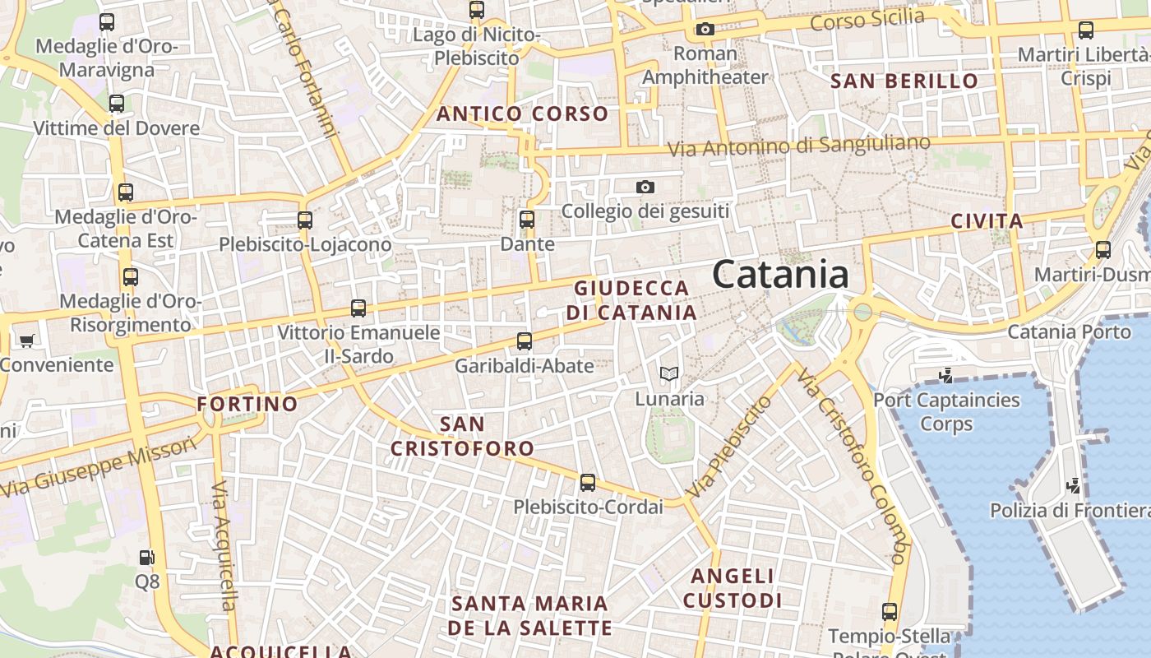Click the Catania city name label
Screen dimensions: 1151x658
coord(780,274)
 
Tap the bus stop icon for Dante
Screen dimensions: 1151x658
coord(527,220)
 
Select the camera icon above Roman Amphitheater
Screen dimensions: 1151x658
coord(705,30)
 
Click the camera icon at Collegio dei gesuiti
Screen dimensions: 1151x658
coord(645,188)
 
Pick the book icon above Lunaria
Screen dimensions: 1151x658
coord(669,375)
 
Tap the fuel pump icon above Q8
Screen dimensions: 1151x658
coord(146,558)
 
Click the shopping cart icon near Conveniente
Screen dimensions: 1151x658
coord(26,341)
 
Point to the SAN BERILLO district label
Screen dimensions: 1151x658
coord(904,81)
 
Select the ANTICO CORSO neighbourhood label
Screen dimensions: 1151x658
coord(522,114)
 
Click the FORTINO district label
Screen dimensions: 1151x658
coord(247,404)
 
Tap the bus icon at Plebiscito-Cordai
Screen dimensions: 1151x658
coord(588,483)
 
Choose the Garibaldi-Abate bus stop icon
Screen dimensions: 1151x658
coord(525,341)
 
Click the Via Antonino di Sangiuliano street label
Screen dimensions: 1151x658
coord(798,146)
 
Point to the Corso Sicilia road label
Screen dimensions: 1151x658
coord(867,20)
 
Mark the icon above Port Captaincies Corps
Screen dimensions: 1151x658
coord(945,377)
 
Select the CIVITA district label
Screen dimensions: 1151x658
coord(987,220)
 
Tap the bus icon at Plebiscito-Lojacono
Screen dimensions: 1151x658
coord(305,220)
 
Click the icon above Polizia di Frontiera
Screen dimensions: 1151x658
coord(1072,486)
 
